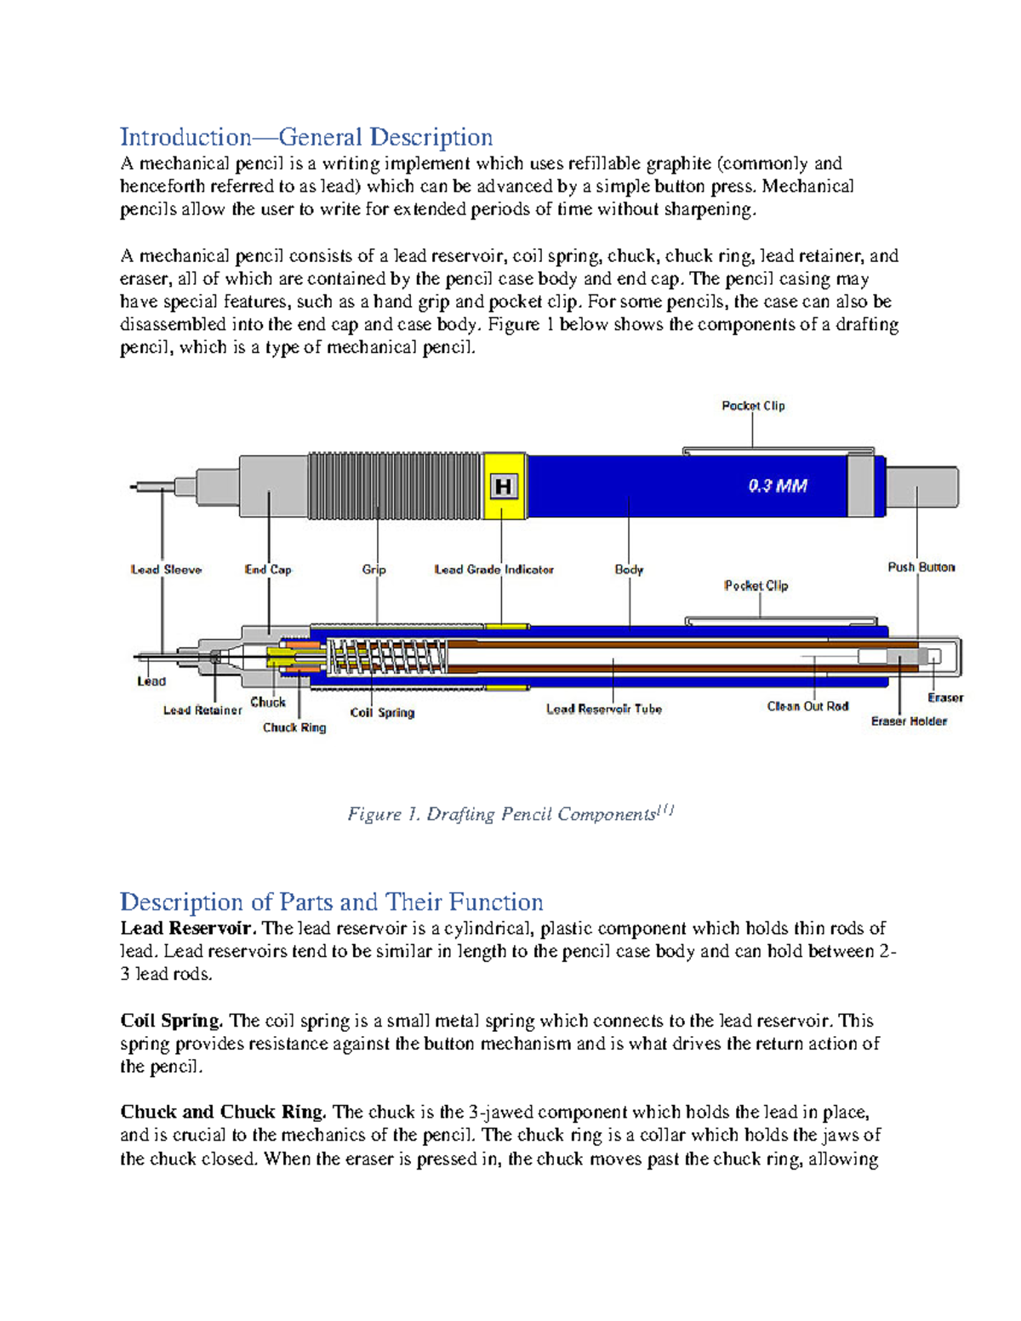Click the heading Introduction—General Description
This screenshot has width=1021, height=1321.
(306, 137)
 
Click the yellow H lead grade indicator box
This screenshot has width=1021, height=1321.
(504, 486)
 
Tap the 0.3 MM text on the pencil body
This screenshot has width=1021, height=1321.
(778, 486)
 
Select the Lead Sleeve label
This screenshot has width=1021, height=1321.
(166, 570)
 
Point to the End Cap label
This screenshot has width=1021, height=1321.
(268, 570)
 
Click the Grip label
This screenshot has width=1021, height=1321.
(374, 570)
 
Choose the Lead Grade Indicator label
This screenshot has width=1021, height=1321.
(493, 570)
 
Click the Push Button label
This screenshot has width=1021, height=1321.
(921, 567)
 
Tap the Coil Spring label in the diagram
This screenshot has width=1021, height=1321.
(382, 713)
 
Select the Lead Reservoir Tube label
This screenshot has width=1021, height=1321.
(604, 709)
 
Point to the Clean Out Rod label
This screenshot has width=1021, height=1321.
(807, 706)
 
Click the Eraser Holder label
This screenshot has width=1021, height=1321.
(909, 721)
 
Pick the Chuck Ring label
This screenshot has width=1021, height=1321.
(294, 727)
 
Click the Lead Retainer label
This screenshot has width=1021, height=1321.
(202, 710)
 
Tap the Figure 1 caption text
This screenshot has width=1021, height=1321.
(510, 814)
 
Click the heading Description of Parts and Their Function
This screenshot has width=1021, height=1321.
(331, 902)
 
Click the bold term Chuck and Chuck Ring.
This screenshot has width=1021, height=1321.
(223, 1112)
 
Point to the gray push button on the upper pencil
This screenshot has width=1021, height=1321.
(922, 487)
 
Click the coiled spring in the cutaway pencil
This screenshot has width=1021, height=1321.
(388, 657)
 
